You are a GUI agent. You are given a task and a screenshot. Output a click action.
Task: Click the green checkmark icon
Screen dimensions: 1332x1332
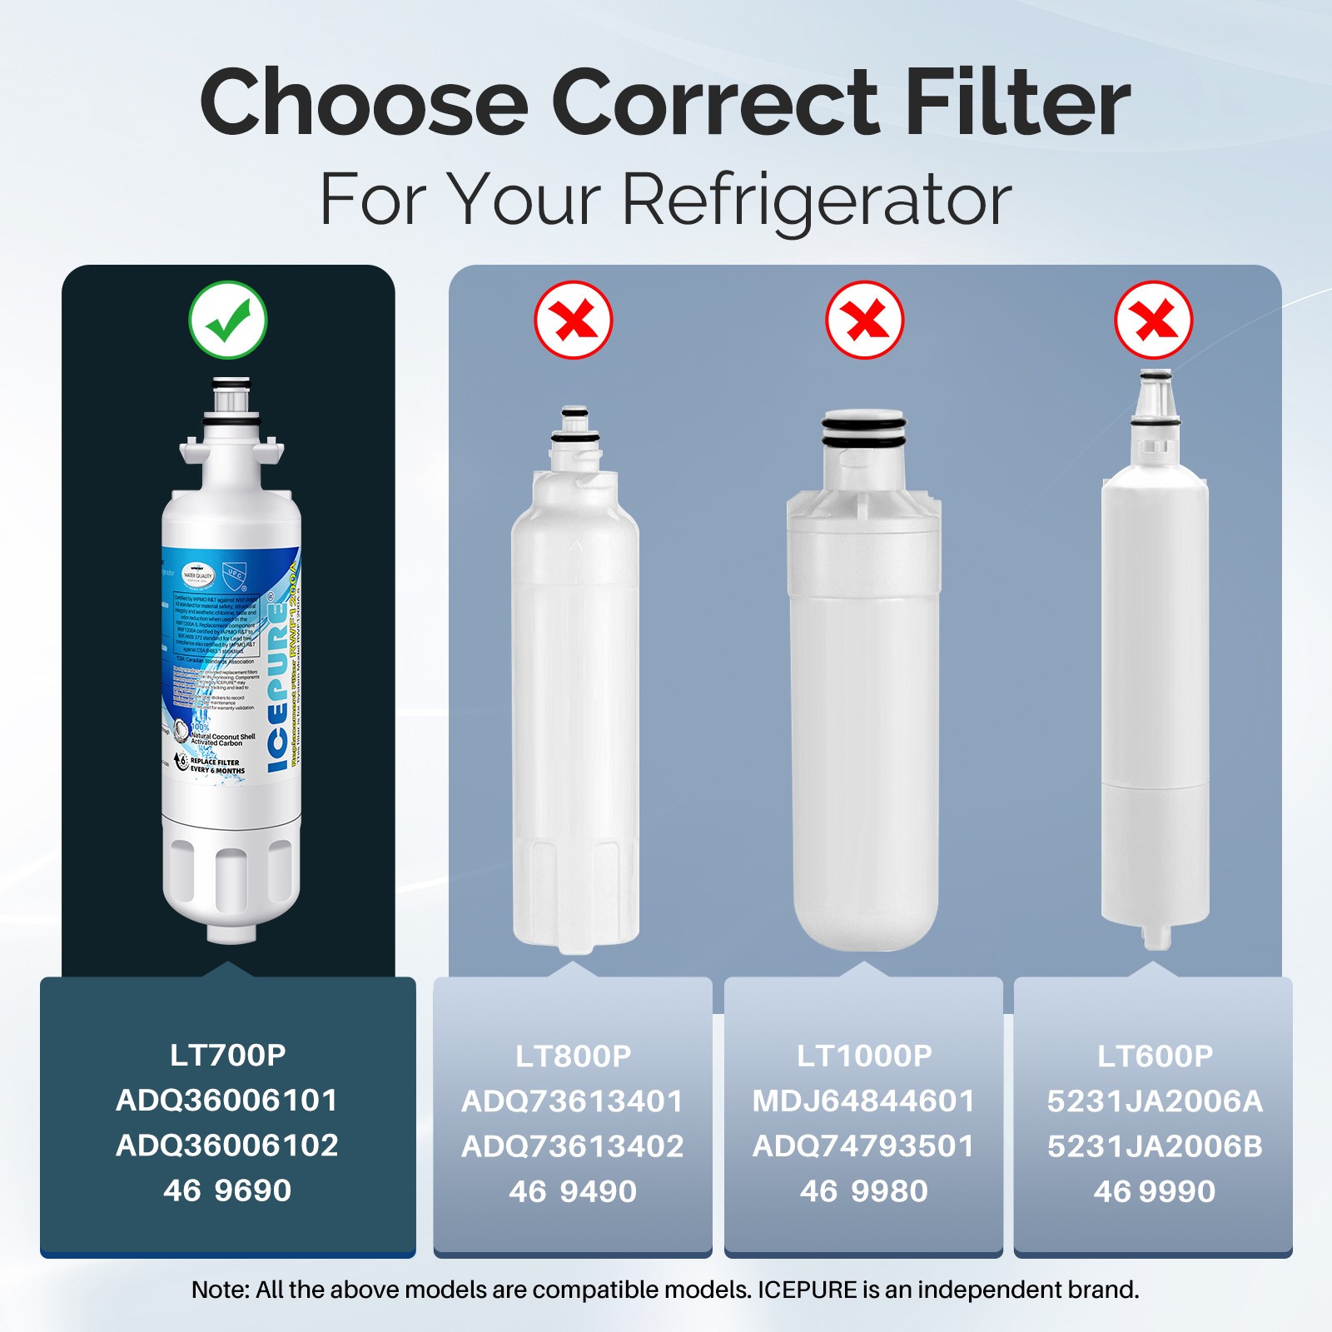[x=227, y=320]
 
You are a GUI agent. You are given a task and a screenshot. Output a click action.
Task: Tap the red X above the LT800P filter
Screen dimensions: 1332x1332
[x=574, y=320]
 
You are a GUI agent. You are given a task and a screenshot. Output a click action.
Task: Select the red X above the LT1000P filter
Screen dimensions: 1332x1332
[x=864, y=320]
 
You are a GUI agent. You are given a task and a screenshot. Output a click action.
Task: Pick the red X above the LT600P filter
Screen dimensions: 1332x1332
[x=1154, y=320]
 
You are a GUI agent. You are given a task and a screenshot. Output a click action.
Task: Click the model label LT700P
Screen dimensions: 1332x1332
[x=227, y=1055]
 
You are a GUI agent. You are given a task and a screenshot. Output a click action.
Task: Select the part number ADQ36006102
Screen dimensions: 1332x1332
[x=227, y=1146]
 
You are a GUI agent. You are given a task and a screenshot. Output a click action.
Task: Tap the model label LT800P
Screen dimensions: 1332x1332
[x=573, y=1056]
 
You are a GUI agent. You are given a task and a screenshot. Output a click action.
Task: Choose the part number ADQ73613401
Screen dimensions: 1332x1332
[x=573, y=1101]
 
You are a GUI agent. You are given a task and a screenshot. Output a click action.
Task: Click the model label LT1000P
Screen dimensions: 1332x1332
[x=864, y=1056]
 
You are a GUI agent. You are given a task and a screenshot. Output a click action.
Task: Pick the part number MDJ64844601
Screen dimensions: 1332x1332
[x=864, y=1101]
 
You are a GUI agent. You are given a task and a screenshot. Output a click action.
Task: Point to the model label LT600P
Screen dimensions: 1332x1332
[x=1155, y=1056]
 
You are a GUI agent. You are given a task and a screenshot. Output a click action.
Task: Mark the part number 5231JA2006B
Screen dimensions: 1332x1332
[x=1155, y=1146]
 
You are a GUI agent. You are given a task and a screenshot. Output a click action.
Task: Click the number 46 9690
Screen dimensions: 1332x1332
[x=227, y=1190]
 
